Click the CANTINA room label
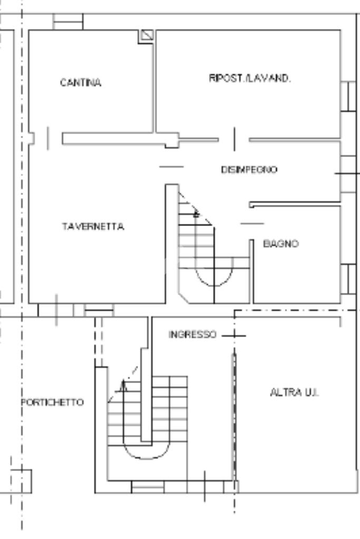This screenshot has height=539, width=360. tap(80, 83)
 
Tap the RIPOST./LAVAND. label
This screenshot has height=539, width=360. tap(250, 78)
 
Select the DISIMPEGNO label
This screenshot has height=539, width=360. tap(249, 170)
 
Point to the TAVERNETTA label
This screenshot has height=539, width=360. tap(93, 227)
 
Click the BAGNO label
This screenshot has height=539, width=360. tap(281, 244)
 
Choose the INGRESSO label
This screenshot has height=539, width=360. tap(192, 335)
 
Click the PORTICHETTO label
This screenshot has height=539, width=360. tap(52, 403)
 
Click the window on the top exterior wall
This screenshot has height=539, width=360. tap(68, 22)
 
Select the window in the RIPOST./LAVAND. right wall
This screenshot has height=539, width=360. tap(347, 96)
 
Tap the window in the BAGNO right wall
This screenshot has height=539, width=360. tap(347, 279)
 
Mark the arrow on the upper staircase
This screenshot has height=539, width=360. tap(196, 213)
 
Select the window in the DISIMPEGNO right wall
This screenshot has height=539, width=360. tap(347, 173)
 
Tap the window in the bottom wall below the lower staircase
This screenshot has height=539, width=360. tap(148, 487)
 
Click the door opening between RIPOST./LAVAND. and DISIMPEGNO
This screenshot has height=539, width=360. tap(234, 139)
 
